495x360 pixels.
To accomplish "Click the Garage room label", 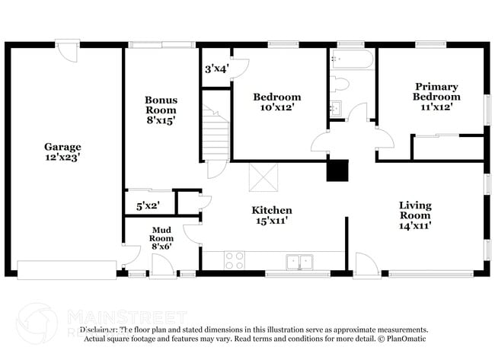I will click(x=62, y=152).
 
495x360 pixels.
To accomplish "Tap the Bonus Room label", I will click(x=161, y=110).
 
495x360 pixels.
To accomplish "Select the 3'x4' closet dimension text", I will click(x=216, y=68).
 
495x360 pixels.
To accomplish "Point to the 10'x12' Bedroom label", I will click(x=276, y=102).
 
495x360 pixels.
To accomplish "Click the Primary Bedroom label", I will click(x=436, y=91).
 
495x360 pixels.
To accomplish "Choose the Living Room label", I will click(x=415, y=215).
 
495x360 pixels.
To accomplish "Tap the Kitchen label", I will click(x=272, y=215).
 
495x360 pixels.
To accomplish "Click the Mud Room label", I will click(x=161, y=237).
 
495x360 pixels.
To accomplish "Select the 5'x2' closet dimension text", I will click(x=148, y=205).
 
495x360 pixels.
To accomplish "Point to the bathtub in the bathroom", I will click(x=351, y=60).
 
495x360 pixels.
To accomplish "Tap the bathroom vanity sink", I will click(x=336, y=108).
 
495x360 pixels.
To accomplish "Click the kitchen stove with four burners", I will click(x=235, y=260).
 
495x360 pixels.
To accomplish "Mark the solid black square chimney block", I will click(x=337, y=170).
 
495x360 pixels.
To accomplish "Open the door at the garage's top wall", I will click(x=69, y=52).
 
